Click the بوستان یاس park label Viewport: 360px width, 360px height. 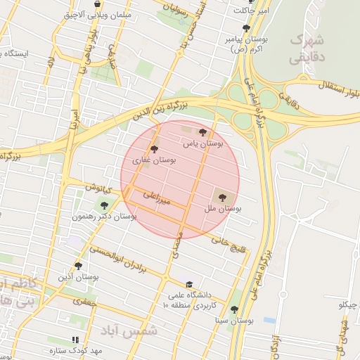tap(202, 143)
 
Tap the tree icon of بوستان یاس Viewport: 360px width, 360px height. tap(202, 132)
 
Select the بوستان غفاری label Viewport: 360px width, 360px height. tap(155, 160)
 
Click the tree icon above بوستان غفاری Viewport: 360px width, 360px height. tap(155, 149)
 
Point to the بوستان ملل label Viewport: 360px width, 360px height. tap(224, 209)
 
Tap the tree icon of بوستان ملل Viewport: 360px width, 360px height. tap(223, 198)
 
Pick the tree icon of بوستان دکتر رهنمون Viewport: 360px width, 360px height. tap(104, 206)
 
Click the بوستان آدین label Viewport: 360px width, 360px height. tap(78, 278)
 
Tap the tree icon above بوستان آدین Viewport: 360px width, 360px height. tap(78, 266)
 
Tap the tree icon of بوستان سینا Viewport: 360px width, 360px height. tap(235, 309)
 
